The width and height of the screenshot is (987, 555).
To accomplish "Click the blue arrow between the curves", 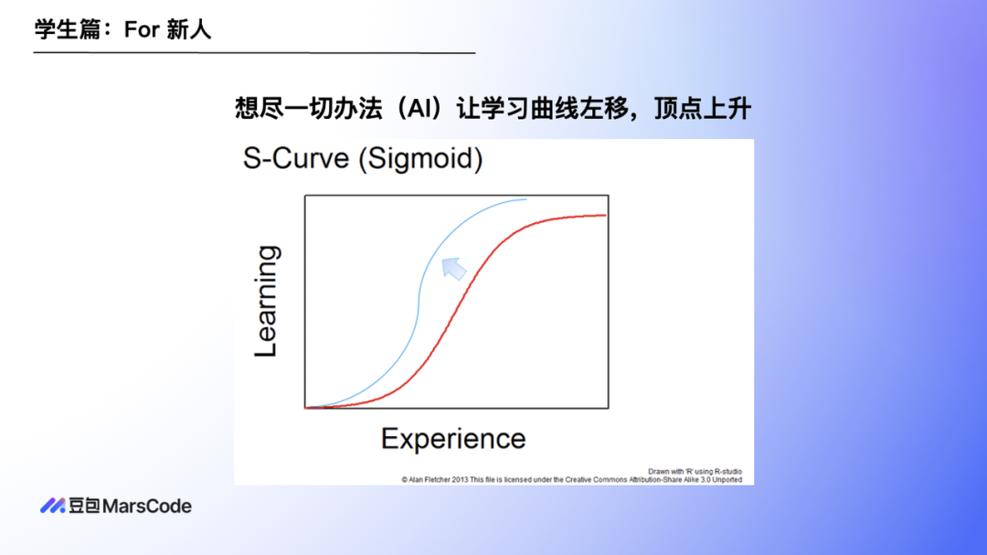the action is [454, 269].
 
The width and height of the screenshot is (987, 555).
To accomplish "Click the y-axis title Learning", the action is [266, 301].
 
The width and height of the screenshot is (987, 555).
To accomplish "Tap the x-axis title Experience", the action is [453, 439].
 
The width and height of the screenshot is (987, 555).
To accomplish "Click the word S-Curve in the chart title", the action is [296, 158].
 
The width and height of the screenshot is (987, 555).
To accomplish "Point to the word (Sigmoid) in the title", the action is [420, 159].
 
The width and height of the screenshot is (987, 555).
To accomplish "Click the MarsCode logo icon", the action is [53, 506].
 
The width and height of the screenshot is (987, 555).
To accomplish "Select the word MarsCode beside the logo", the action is [146, 506].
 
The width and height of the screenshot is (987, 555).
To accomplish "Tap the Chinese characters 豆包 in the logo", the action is [84, 506].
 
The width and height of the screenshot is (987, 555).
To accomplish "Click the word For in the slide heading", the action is [142, 29].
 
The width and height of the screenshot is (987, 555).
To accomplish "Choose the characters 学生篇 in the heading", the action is [68, 29].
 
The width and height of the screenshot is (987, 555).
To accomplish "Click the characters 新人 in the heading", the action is [189, 29].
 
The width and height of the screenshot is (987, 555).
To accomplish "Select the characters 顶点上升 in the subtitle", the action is [703, 109].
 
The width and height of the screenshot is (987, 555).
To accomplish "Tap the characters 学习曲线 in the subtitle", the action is [530, 109].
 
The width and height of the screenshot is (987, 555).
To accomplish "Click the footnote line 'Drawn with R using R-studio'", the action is [695, 471].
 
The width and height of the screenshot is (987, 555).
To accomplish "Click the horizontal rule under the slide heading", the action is [254, 53].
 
